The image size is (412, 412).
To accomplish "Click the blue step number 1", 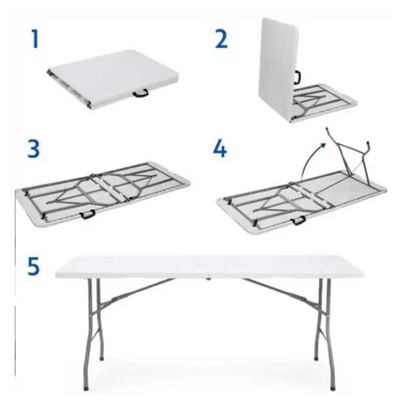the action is [x=35, y=39].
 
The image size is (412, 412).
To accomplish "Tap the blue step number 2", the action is [x=221, y=39].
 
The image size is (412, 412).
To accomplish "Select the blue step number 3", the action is [x=33, y=149].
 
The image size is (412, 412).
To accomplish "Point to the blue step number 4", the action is [x=220, y=149].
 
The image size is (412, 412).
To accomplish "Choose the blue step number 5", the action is [x=33, y=266].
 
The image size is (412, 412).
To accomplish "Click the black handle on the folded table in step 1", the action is [x=140, y=93].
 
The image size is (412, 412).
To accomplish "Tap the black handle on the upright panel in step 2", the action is [x=297, y=77].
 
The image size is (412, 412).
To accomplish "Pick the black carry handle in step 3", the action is [x=88, y=214].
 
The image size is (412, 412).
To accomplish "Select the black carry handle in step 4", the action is [x=299, y=220].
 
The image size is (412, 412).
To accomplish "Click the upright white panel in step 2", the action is [x=279, y=68].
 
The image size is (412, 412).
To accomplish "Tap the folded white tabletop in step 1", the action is [x=113, y=79].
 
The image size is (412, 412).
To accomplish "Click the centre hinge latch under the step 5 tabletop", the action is [x=209, y=279].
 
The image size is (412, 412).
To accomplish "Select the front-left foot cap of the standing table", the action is [x=86, y=388].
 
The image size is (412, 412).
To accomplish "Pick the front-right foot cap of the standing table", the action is [x=333, y=388].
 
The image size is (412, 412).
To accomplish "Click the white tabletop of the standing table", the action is [x=209, y=267].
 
